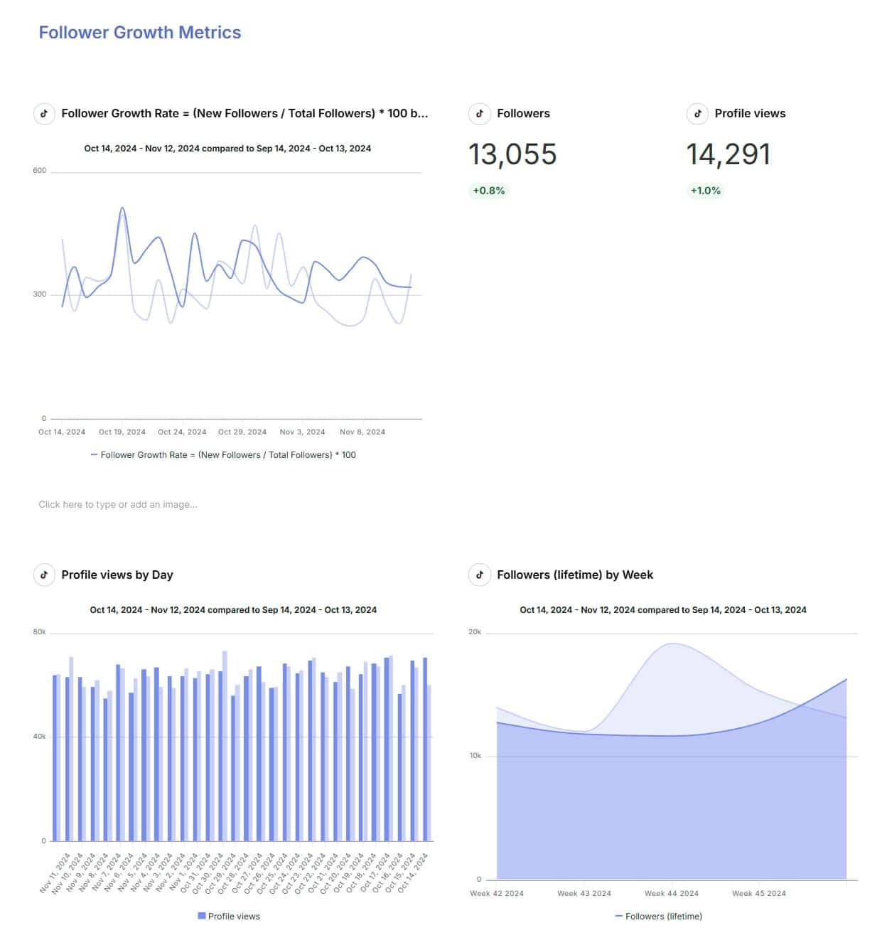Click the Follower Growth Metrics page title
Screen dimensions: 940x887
click(139, 33)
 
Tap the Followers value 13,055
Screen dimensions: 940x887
click(512, 154)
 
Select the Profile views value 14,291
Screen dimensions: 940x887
click(728, 154)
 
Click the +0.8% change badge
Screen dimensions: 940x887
click(488, 191)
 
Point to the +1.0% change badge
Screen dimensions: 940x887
click(705, 191)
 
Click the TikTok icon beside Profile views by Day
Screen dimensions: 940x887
click(44, 575)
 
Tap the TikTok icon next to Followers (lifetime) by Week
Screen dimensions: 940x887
click(480, 575)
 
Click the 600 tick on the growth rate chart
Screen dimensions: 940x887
click(39, 171)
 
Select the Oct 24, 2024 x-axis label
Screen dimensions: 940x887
click(182, 432)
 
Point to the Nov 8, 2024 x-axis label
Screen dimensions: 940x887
click(362, 432)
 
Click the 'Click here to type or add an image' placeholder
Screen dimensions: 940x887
click(118, 504)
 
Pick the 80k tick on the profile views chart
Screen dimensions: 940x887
click(39, 632)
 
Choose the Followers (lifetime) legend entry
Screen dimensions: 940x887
click(659, 916)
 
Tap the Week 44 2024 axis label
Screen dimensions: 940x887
click(671, 893)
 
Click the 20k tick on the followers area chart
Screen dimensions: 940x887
click(475, 632)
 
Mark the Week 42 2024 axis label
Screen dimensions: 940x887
click(496, 893)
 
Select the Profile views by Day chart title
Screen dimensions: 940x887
click(117, 575)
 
